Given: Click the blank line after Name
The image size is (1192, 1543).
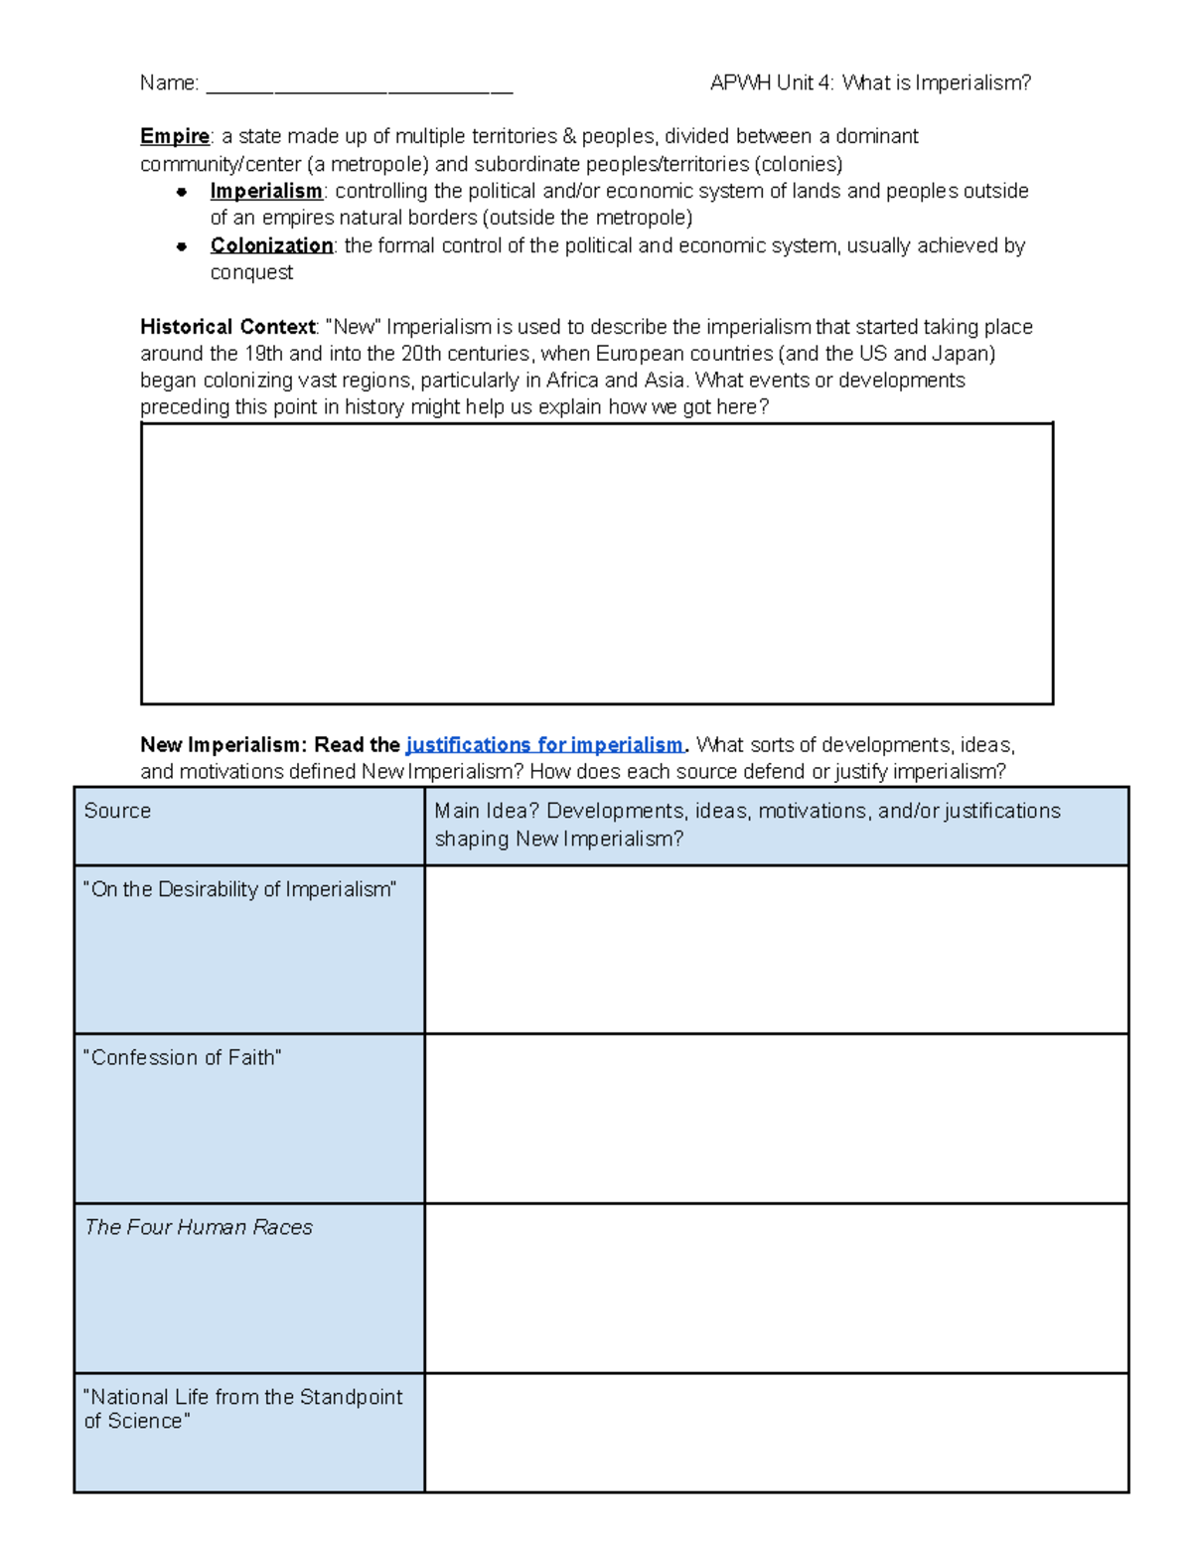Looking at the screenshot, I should coord(359,85).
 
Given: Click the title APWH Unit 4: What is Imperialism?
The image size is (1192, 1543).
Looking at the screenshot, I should coord(870,83).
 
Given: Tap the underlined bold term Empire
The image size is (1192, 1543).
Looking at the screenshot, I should coord(175,136).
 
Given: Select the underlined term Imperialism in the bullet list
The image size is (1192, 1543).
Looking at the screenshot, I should coord(266,191).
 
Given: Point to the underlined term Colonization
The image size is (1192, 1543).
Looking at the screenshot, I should coord(271,245).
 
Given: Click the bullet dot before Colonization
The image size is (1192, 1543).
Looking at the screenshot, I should coord(182,246).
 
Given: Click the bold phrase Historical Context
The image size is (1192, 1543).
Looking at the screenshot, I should coord(227,327).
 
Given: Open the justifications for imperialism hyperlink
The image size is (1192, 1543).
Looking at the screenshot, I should coord(544,745).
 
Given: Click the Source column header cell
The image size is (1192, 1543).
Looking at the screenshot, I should coord(117,811).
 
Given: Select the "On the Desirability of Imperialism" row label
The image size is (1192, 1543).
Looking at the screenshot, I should coord(239,890).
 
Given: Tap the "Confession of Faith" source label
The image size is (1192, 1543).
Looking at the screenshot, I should coord(183,1058).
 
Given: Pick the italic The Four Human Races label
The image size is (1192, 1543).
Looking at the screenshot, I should coord(199,1228).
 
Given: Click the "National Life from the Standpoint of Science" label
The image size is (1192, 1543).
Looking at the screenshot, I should coord(243,1409).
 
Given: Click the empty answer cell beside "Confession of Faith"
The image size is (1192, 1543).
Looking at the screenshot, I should coord(776,1119).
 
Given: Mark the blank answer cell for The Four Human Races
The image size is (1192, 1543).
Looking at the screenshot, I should coord(776,1289).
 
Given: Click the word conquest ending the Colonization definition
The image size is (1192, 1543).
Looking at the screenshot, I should coord(251,273).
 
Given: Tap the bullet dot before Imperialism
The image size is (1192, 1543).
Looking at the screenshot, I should coord(182,192).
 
